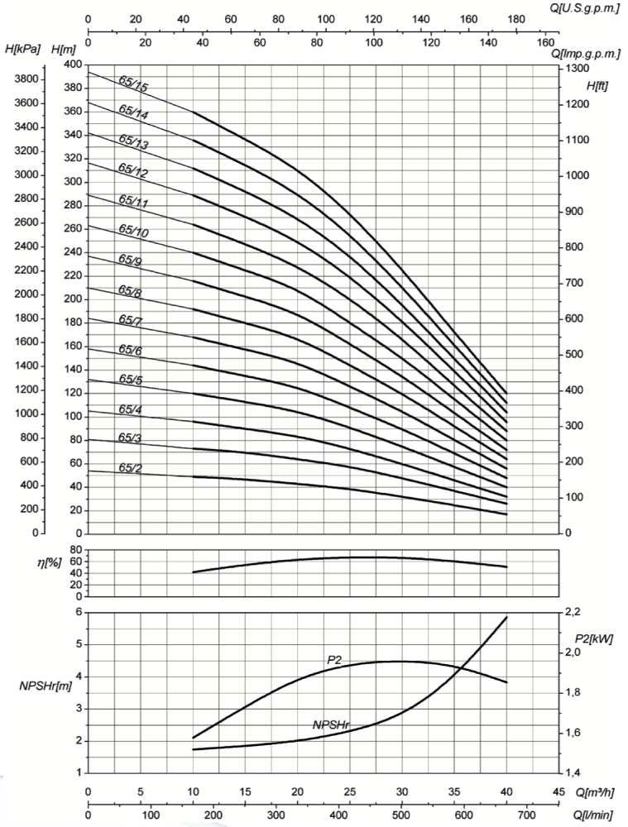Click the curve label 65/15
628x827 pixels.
point(133,87)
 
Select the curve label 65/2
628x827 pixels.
point(130,468)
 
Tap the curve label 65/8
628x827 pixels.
point(130,290)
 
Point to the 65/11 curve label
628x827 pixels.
point(133,200)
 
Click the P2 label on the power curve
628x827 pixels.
point(334,659)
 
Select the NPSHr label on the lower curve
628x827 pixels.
point(332,724)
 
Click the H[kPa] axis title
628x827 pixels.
point(22,50)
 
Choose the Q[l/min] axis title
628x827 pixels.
point(589,815)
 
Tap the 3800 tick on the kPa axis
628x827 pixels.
point(25,79)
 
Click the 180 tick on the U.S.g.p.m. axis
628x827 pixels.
point(491,18)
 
